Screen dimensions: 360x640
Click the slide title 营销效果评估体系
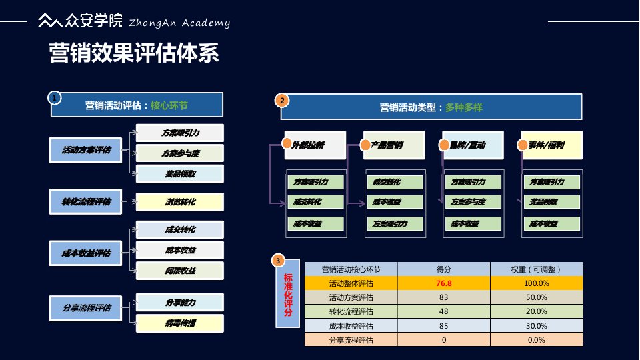[x=135, y=53]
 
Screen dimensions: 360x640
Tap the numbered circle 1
[x=55, y=98]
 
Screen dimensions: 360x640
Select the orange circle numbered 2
[x=282, y=101]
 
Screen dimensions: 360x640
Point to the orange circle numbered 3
[x=278, y=261]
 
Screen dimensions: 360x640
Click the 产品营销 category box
[x=393, y=145]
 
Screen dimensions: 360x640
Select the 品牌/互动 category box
[x=472, y=145]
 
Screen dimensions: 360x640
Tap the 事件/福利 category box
[x=551, y=145]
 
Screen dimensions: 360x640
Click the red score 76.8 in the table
[x=444, y=283]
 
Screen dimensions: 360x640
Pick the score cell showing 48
[x=444, y=311]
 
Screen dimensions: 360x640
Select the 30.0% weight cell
[x=536, y=326]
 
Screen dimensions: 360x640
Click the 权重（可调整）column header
[x=536, y=269]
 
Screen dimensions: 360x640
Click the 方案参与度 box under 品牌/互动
[x=473, y=202]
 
